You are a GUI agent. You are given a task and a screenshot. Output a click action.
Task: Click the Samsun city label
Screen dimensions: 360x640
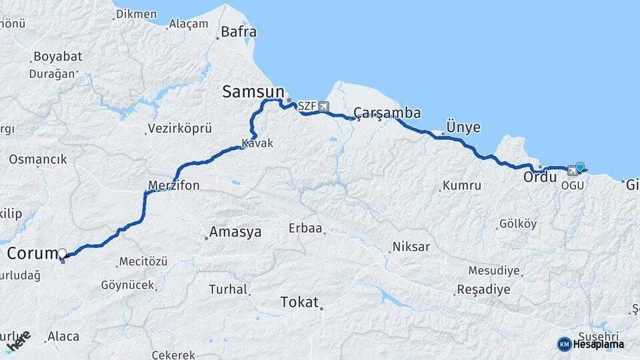[253, 92]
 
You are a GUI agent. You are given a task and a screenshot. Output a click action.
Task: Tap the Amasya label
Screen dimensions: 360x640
[235, 233]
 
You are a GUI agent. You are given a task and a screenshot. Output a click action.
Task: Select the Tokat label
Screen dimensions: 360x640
[299, 302]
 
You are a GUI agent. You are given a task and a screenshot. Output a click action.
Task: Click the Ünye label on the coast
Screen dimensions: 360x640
[463, 127]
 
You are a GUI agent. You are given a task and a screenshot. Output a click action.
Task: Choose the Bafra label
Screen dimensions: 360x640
[238, 31]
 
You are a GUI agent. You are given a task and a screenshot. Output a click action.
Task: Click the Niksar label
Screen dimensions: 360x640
[411, 247]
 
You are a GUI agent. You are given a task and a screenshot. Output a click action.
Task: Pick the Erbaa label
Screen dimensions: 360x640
[305, 229]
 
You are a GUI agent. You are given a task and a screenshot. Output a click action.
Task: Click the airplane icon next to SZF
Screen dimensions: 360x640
[324, 106]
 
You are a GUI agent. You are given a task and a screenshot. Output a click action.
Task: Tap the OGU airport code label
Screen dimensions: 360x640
[572, 185]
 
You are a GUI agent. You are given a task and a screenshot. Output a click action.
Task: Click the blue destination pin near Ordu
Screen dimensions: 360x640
[580, 167]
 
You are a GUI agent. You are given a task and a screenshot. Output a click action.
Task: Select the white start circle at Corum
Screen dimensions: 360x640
[62, 253]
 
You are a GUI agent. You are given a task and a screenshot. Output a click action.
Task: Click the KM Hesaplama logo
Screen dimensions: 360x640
[591, 344]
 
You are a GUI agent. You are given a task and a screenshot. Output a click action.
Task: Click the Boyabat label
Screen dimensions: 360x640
[57, 57]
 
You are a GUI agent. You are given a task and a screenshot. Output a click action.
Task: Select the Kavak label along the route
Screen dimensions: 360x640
[257, 143]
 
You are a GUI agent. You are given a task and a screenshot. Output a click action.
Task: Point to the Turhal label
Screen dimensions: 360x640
[228, 290]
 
